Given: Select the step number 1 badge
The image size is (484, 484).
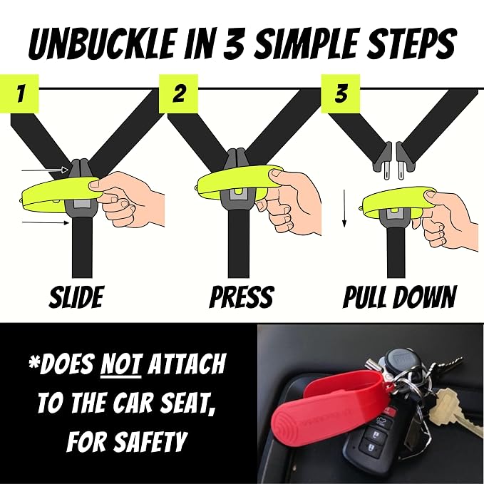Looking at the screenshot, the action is point(19,93).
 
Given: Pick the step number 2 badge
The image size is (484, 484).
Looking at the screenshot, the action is point(178,93).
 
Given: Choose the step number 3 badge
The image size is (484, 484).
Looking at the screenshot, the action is point(341,93).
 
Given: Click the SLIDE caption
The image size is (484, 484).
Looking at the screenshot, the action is point(76,297).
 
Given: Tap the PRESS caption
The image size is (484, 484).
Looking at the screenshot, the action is point(242,297).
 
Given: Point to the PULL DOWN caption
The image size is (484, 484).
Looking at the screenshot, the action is point(399,297).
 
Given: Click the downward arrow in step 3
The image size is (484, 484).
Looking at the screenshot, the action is point(345,208).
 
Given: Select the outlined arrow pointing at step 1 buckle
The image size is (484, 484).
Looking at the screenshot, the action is point(45,170).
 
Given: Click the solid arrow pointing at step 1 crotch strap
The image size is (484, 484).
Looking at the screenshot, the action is point(46,222).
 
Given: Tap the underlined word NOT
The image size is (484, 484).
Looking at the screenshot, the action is point(121,364).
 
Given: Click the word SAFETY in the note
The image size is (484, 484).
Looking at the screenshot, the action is point(150,441).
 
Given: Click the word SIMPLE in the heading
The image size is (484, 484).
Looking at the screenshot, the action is point(298,43).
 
